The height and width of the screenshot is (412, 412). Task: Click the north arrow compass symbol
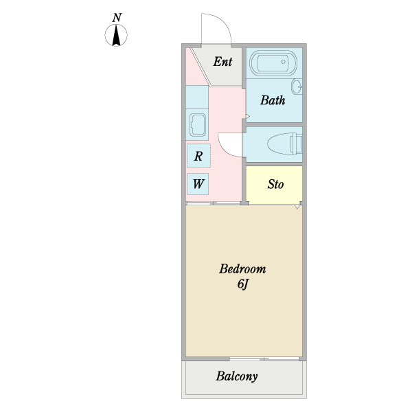pyautogui.click(x=117, y=35)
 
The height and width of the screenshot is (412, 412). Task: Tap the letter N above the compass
pyautogui.click(x=117, y=17)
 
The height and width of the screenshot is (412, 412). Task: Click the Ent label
pyautogui.click(x=222, y=62)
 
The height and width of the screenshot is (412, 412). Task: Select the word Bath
pyautogui.click(x=272, y=100)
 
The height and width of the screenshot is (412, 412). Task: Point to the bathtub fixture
pyautogui.click(x=273, y=65)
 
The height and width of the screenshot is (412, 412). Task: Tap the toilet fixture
pyautogui.click(x=283, y=144)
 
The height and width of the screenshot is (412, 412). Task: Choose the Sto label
pyautogui.click(x=275, y=185)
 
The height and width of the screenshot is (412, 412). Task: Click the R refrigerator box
pyautogui.click(x=198, y=156)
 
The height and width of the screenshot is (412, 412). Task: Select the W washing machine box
pyautogui.click(x=198, y=184)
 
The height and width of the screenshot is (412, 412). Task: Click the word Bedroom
pyautogui.click(x=242, y=268)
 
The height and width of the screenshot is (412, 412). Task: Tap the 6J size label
pyautogui.click(x=242, y=283)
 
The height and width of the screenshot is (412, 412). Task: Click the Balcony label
pyautogui.click(x=236, y=376)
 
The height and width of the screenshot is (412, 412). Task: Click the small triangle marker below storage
pyautogui.click(x=297, y=207)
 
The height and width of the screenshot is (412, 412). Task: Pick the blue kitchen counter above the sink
pyautogui.click(x=196, y=96)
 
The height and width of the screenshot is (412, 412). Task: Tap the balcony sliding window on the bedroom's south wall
pyautogui.click(x=264, y=359)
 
